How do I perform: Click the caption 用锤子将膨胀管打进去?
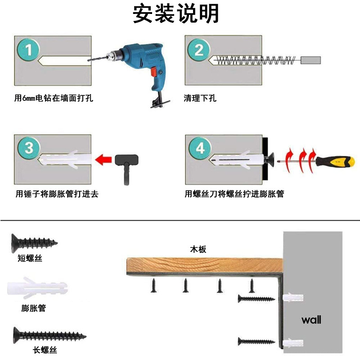point(57,194)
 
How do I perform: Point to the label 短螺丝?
point(30,258)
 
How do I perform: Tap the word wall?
point(311,320)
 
